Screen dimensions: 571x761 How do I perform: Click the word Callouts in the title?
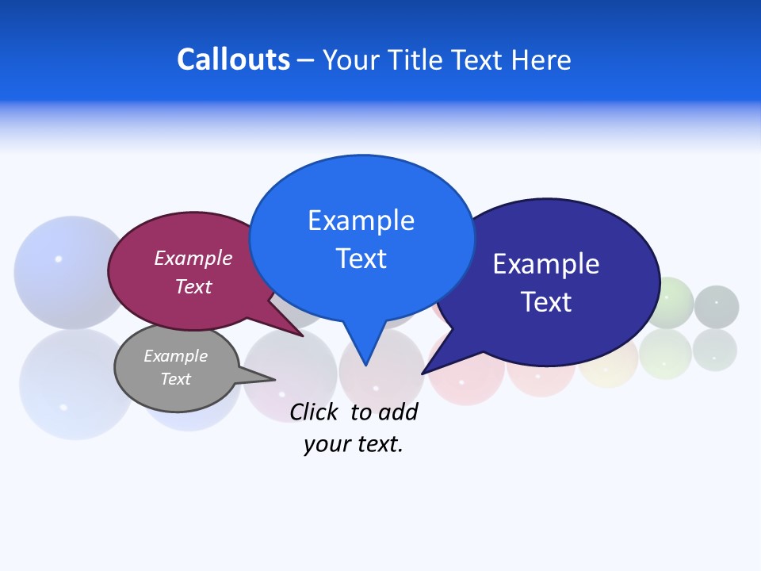[x=233, y=59]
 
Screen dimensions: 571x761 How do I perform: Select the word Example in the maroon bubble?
[x=193, y=258]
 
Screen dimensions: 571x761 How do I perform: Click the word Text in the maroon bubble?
[x=193, y=286]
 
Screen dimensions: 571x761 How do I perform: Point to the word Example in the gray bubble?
[x=175, y=356]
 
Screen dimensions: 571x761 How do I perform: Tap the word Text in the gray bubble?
[x=175, y=379]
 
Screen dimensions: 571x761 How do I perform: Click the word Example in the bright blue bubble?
[x=361, y=220]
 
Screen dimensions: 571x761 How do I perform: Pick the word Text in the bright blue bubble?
[x=361, y=259]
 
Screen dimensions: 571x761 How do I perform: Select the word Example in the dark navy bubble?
[x=546, y=264]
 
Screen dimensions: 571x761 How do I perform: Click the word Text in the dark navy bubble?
[x=546, y=302]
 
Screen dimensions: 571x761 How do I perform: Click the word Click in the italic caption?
[x=314, y=412]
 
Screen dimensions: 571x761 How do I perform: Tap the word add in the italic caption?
[x=399, y=412]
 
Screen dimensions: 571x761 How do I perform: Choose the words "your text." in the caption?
[x=354, y=444]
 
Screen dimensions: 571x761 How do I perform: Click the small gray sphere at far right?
[x=717, y=306]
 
